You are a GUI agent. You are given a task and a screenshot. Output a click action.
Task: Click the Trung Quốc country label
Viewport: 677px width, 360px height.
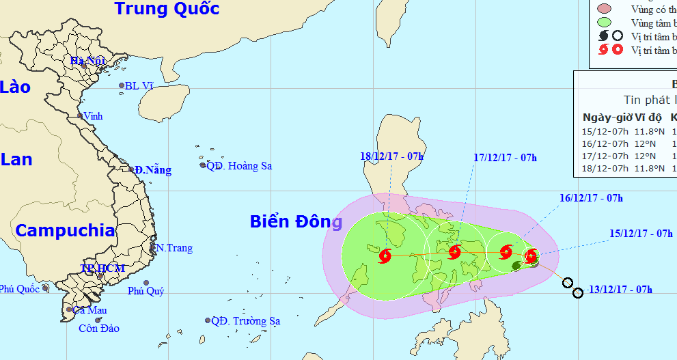[167, 9]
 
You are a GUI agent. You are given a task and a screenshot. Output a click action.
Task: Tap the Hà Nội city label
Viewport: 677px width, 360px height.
[87, 61]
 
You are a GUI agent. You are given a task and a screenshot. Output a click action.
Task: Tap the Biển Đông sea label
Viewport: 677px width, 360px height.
[295, 222]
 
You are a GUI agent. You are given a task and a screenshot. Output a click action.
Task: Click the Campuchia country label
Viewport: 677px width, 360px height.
[65, 230]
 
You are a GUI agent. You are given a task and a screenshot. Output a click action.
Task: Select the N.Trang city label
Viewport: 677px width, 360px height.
[174, 248]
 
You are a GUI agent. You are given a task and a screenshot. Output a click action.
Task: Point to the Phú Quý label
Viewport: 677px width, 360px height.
[146, 291]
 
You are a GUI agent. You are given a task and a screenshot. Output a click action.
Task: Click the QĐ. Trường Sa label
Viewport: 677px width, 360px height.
[245, 321]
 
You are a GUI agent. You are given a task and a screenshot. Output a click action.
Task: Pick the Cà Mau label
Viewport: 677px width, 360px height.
[90, 310]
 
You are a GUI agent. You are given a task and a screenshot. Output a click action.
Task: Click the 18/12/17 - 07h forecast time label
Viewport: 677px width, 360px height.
[391, 156]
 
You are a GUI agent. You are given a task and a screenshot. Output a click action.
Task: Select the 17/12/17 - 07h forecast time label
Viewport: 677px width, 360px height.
[505, 158]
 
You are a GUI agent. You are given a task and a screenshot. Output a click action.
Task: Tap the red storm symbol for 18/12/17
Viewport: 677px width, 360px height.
[384, 256]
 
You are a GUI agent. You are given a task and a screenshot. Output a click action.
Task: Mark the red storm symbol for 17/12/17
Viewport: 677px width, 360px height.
[455, 252]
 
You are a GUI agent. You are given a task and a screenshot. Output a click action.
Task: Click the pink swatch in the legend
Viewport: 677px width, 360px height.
[603, 9]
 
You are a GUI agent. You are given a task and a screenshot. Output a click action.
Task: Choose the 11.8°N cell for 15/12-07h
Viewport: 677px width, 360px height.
[650, 130]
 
